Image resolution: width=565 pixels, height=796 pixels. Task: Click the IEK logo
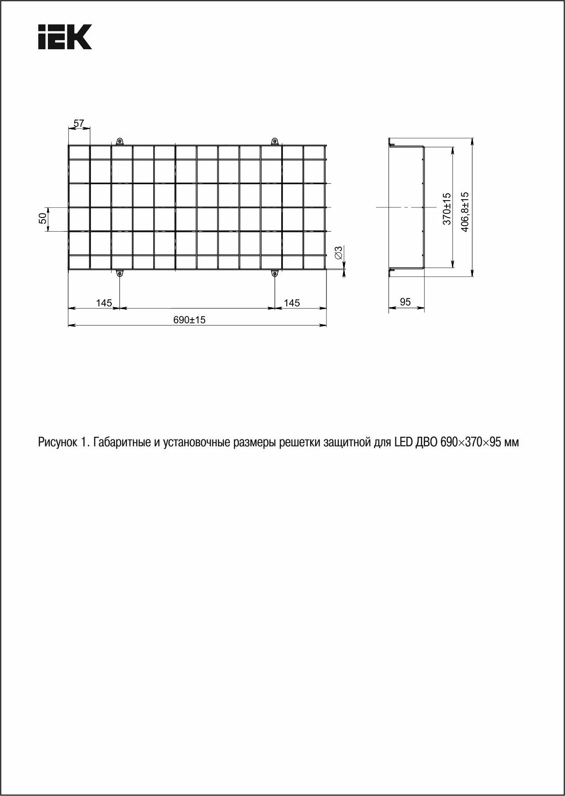coord(65,36)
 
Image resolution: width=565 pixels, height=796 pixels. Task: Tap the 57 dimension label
coord(79,123)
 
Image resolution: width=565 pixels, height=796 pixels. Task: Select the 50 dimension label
coord(42,218)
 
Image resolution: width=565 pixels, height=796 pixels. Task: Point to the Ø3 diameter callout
coord(338,253)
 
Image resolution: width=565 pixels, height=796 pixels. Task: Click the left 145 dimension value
coord(104,303)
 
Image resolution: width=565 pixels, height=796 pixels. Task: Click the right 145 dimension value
coord(292,303)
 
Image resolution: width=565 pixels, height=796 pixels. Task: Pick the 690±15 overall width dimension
coord(189,320)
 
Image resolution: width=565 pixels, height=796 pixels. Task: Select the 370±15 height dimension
coord(447,208)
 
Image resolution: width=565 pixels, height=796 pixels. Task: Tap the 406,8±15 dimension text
coord(465,212)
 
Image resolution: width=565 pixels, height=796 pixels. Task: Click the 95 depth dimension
coord(405,302)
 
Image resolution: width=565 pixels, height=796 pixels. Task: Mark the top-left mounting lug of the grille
coord(119,141)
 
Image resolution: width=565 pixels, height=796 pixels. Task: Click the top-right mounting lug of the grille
coord(275,141)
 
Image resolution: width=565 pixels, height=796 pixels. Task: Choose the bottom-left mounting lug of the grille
coord(119,274)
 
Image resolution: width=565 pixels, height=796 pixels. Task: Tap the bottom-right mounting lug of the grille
coord(275,274)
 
